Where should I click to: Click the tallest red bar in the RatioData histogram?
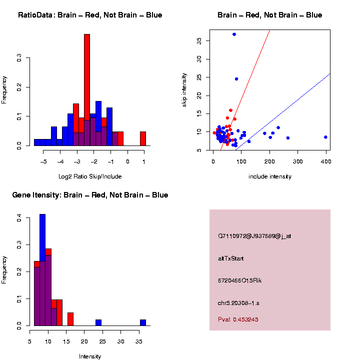[87, 75]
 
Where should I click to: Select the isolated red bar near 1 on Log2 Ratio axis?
[143, 138]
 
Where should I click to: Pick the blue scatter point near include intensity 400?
[325, 137]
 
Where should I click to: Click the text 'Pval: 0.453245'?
[238, 319]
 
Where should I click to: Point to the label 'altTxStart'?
[230, 258]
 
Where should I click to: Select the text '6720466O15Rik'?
[239, 280]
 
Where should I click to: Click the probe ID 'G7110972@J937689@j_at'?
[254, 236]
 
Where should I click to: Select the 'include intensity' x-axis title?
[269, 176]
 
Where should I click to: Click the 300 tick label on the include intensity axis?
[298, 161]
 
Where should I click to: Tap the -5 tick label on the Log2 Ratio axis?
[44, 161]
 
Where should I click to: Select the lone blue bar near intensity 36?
[143, 322]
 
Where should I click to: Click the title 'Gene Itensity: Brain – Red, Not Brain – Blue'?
[90, 195]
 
